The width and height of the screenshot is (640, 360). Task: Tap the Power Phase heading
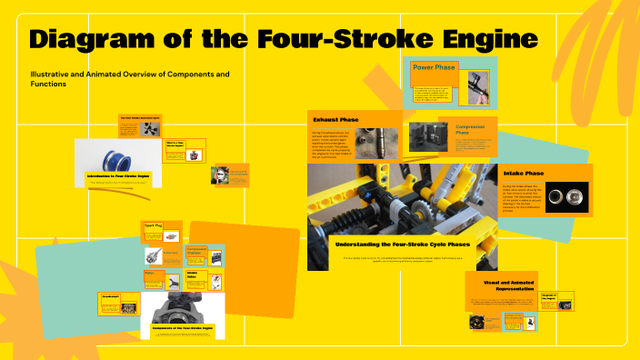point(435,67)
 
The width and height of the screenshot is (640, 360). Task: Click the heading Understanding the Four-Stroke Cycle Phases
point(404,245)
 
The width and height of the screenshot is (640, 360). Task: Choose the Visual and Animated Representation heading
point(501,285)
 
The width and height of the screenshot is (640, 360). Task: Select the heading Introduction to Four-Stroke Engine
point(118,175)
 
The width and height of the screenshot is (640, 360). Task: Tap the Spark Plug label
point(152,225)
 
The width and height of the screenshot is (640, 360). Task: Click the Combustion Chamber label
point(196,251)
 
